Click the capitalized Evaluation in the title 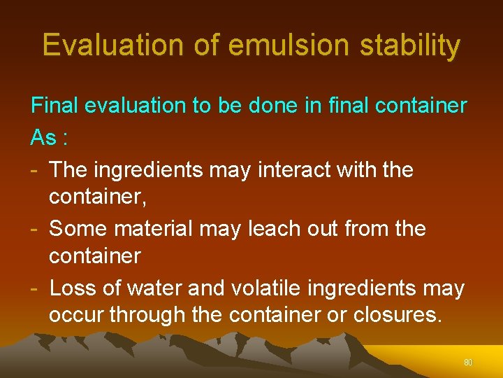112,45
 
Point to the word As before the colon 43,137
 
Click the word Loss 73,288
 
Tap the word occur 78,315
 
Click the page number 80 468,363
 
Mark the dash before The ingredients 34,170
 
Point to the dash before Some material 34,229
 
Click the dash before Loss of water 34,288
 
